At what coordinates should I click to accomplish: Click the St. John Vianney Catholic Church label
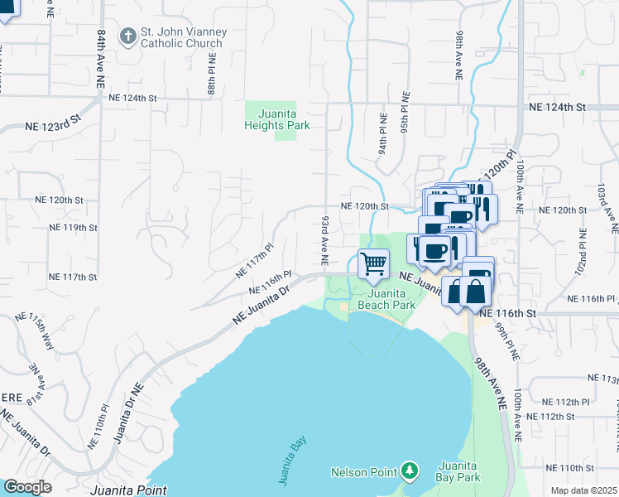180,38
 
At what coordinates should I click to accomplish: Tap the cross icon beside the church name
127,36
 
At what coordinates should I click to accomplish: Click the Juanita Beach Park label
386,299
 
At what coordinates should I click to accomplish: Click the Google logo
27,487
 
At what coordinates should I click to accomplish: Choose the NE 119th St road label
73,227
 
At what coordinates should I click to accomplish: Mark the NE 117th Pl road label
254,260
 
